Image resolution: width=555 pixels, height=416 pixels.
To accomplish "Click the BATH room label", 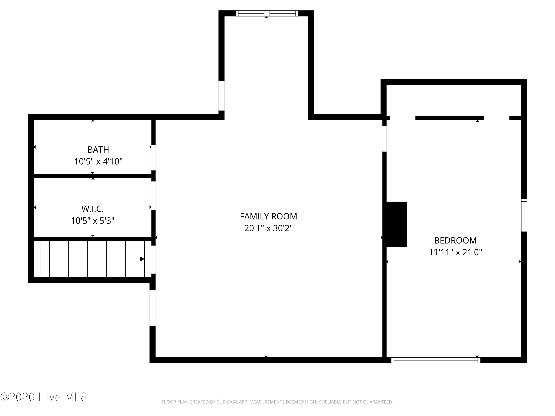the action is [98, 150].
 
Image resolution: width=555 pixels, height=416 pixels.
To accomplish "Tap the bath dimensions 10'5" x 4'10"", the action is [98, 161].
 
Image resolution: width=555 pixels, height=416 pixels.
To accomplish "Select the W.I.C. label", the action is [92, 209].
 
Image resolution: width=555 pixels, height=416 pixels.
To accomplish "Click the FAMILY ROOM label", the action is [268, 216].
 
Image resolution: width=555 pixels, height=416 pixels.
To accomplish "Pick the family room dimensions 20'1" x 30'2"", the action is [268, 228].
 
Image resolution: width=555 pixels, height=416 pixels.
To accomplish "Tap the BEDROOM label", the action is [455, 241].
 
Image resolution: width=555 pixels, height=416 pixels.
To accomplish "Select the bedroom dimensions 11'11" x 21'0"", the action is [455, 252].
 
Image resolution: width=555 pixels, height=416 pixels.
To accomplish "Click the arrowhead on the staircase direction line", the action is [142, 259].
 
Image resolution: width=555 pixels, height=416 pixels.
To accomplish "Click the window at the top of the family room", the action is [267, 13].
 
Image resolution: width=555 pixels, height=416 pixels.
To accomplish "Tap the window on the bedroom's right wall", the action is [524, 215].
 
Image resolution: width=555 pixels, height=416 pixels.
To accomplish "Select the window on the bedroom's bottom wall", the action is [436, 360].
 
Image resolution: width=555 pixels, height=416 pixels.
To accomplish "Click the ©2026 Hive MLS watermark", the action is [44, 397].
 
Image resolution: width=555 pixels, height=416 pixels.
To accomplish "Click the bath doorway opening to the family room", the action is [153, 158].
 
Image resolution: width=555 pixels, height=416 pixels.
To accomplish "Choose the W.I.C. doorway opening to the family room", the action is [153, 196].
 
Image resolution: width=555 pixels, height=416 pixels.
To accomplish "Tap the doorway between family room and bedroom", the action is [384, 139].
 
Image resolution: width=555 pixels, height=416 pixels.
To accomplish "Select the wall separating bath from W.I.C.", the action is [92, 176].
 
